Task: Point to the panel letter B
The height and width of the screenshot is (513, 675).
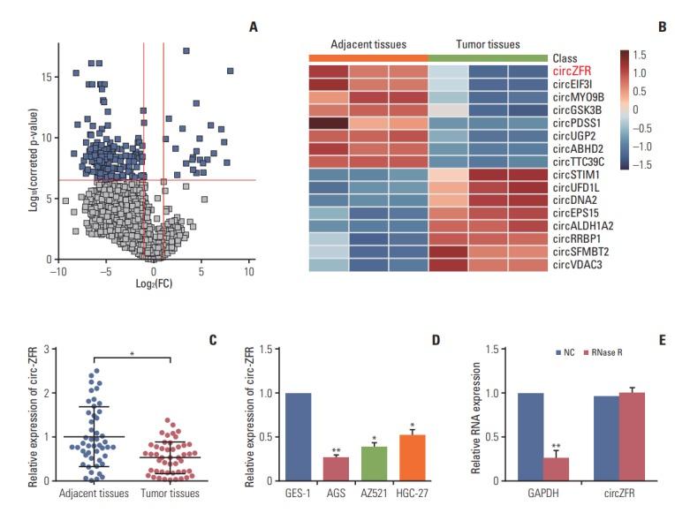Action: pos(663,29)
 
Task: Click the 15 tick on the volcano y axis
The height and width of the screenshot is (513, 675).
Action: pos(44,77)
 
